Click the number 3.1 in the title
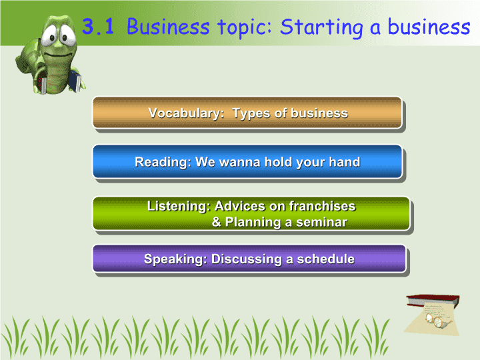[98, 26]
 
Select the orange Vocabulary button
[247, 113]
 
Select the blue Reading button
[247, 161]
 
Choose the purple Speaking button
[249, 259]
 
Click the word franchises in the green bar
[322, 206]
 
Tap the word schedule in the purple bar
[326, 259]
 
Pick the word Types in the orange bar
[251, 113]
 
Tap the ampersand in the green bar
[217, 222]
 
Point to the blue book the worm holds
[75, 81]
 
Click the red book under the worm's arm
[43, 83]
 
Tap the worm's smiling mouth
[57, 55]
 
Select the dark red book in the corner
[433, 300]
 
